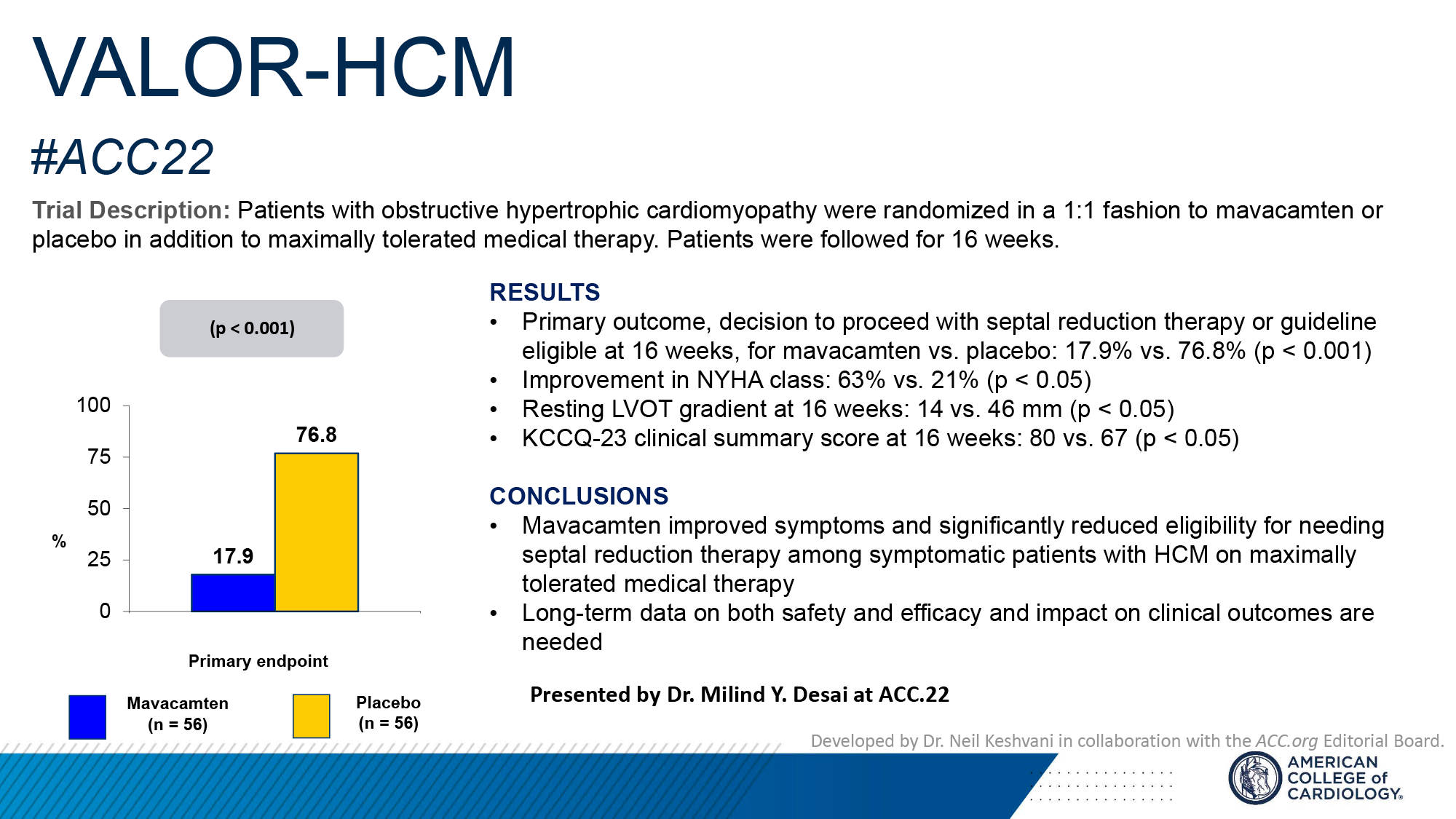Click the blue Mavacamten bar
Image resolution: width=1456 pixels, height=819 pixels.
tap(233, 593)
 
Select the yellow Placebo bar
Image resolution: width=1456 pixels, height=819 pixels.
tap(317, 532)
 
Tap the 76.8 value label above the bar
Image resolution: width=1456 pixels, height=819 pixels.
tap(316, 435)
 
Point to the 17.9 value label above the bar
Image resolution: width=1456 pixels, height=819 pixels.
tap(233, 556)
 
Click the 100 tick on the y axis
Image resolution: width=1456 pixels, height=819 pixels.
tap(94, 405)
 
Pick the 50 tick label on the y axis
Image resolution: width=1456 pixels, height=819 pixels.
tap(99, 508)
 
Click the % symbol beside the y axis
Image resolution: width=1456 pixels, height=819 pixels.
tap(59, 541)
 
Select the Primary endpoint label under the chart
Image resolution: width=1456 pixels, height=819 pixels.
tap(258, 661)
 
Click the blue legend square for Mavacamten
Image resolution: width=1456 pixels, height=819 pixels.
tap(87, 716)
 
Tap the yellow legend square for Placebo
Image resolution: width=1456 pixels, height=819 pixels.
tap(311, 716)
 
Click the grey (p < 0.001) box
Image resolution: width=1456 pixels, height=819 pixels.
tap(252, 328)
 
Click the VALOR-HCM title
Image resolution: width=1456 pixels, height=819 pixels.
tap(274, 67)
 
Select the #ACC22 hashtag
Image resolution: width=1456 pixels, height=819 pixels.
tap(122, 157)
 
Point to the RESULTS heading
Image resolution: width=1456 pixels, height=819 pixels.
tap(545, 293)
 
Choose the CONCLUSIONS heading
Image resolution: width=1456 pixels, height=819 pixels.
tap(579, 496)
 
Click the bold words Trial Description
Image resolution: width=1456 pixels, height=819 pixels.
tap(131, 210)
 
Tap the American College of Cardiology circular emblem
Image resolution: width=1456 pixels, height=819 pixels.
tap(1254, 778)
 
